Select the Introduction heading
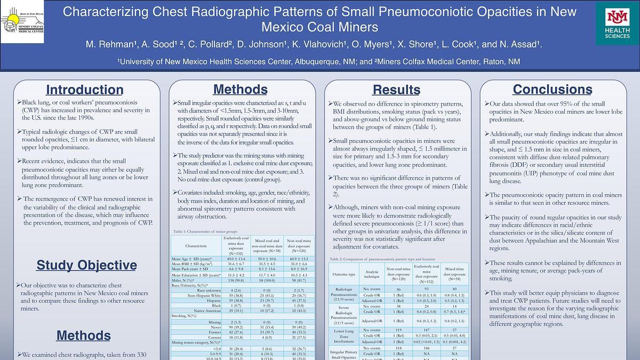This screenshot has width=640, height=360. coord(84,90)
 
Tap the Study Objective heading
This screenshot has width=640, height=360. coord(86,265)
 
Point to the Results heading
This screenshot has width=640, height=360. coord(396,90)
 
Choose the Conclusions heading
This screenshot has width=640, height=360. coord(553,89)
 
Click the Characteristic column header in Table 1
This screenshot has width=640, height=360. coord(196,246)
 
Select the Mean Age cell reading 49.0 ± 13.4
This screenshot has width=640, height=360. coord(235,259)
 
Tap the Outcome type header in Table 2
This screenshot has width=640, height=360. coord(344,274)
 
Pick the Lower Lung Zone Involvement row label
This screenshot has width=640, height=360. coord(343,335)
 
